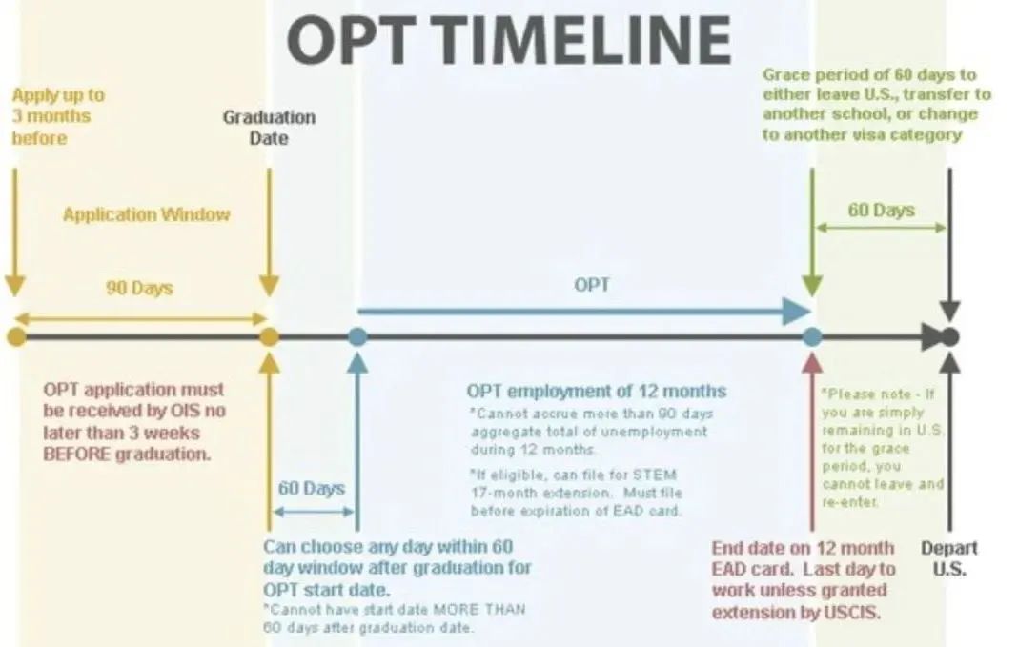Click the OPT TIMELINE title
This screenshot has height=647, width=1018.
click(510, 39)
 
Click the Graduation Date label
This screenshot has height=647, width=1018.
click(269, 127)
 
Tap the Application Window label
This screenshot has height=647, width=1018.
click(146, 214)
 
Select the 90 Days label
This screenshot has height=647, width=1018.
click(139, 288)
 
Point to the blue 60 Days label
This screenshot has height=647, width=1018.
click(311, 488)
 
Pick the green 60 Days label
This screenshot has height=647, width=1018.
click(881, 211)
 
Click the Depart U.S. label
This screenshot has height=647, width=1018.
click(949, 558)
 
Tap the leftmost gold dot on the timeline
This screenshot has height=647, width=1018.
click(16, 336)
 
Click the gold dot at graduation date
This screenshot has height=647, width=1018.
click(269, 336)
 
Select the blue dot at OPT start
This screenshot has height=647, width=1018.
click(357, 336)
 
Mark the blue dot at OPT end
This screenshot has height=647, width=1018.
click(811, 336)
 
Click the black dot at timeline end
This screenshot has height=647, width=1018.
click(949, 336)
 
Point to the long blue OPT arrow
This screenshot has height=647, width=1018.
click(584, 312)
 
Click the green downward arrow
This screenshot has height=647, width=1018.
click(811, 233)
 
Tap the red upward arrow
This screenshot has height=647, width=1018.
click(811, 441)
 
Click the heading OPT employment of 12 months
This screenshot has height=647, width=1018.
click(596, 392)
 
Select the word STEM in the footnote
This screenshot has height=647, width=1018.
click(655, 475)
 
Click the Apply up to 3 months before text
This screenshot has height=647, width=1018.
click(58, 117)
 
